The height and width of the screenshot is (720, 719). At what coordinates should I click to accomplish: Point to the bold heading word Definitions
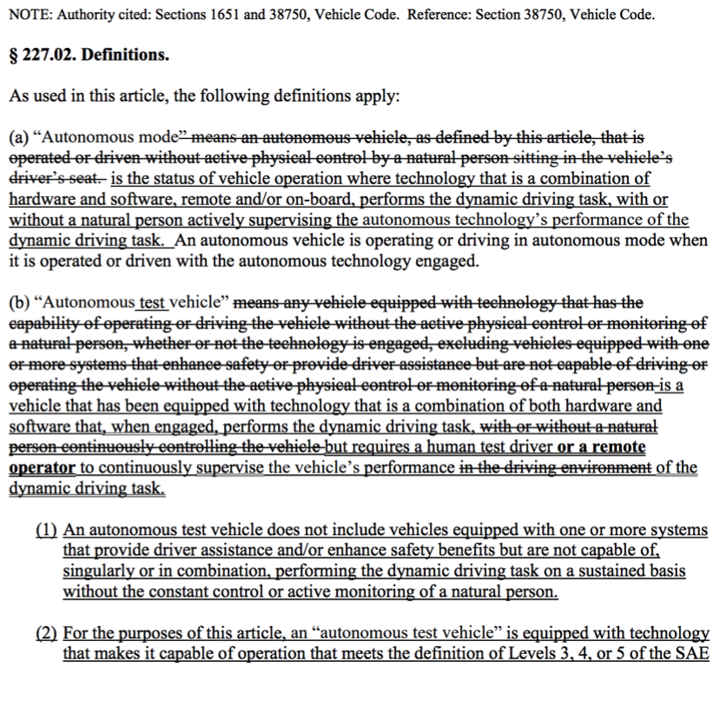[x=125, y=55]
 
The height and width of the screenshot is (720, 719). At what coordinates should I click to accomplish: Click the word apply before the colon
[x=374, y=96]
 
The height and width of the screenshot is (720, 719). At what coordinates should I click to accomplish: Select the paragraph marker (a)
[x=18, y=137]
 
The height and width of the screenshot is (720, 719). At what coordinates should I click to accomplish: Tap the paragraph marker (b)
[x=18, y=302]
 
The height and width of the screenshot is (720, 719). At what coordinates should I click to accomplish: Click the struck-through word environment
[x=608, y=467]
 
